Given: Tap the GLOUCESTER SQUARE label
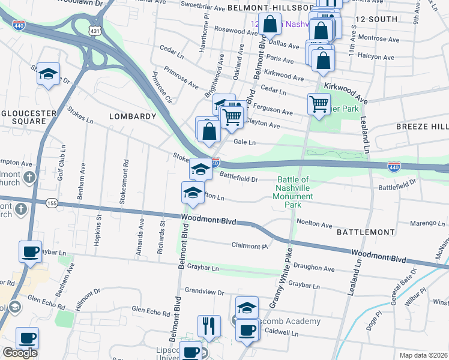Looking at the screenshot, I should pyautogui.click(x=23, y=116).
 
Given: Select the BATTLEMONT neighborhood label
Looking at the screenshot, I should pyautogui.click(x=366, y=232).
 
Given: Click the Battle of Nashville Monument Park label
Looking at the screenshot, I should pyautogui.click(x=294, y=192).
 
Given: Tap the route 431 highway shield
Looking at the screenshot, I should pyautogui.click(x=95, y=30).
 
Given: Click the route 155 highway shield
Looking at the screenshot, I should pyautogui.click(x=52, y=204).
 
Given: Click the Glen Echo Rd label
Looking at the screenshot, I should pyautogui.click(x=151, y=311).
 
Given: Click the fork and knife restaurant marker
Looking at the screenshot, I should pyautogui.click(x=209, y=326).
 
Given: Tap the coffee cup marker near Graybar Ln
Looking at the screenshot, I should pyautogui.click(x=30, y=251).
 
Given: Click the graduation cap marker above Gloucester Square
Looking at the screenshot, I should pyautogui.click(x=48, y=74).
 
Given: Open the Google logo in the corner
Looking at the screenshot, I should pyautogui.click(x=20, y=353).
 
